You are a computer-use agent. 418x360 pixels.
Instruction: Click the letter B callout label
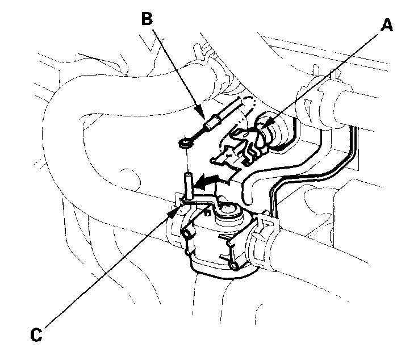pyautogui.click(x=147, y=19)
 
